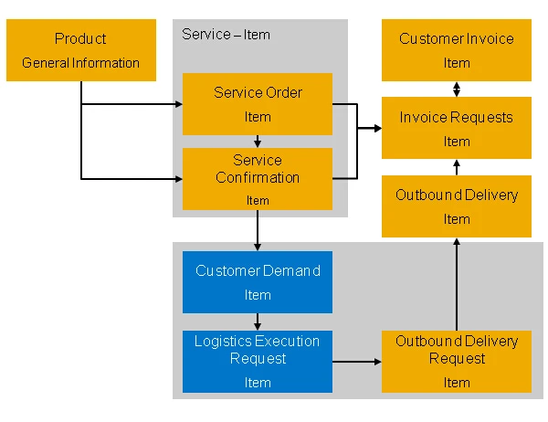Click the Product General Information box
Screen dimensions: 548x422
click(81, 50)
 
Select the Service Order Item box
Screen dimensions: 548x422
click(258, 104)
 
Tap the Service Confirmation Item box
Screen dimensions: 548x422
click(258, 179)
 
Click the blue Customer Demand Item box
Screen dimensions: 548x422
click(258, 282)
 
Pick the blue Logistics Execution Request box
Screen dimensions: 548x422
click(258, 362)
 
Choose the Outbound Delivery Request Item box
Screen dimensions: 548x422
click(457, 362)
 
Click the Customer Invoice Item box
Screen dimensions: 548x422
click(457, 50)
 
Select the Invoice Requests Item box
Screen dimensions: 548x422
click(457, 128)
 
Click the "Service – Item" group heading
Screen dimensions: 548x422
click(226, 35)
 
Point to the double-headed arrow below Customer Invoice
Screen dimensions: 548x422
click(457, 90)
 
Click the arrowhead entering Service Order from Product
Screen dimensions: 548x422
click(179, 104)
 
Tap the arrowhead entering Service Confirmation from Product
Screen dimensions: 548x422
click(179, 179)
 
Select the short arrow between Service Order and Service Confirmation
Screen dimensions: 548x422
click(258, 142)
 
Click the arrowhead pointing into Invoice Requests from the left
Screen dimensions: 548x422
click(378, 128)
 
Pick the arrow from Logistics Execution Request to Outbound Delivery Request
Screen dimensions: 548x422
click(357, 362)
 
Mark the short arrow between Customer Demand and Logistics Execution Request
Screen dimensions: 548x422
click(258, 322)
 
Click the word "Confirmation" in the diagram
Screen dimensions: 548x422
click(258, 177)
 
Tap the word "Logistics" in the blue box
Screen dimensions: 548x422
click(224, 342)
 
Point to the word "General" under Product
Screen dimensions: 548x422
click(46, 63)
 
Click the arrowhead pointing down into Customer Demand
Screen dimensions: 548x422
click(258, 248)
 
